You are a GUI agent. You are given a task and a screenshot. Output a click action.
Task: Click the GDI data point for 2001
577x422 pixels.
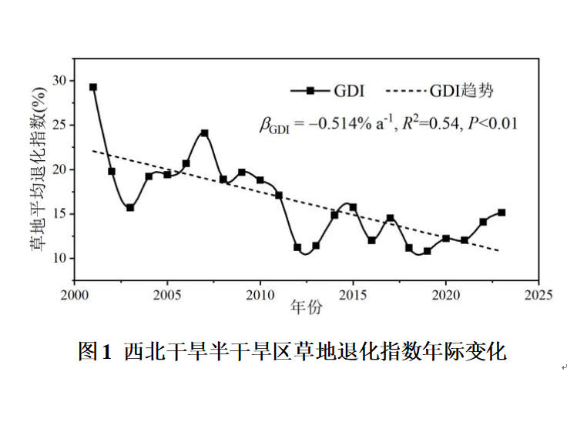click(x=93, y=87)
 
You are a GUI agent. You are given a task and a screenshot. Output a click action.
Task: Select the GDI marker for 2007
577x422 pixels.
click(x=205, y=133)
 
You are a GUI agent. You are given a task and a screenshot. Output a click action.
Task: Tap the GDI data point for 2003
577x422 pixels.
click(x=130, y=208)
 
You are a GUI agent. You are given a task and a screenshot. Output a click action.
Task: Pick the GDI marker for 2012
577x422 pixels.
click(x=297, y=247)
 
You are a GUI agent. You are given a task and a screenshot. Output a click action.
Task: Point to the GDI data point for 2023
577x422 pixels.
click(x=502, y=212)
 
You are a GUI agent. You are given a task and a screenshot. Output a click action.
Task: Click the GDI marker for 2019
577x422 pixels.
click(x=428, y=251)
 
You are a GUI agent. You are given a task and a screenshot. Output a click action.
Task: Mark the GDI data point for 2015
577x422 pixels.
click(x=353, y=207)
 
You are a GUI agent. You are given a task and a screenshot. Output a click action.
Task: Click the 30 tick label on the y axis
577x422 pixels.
click(x=60, y=81)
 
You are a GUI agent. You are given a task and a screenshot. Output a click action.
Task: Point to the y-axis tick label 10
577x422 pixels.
click(x=60, y=258)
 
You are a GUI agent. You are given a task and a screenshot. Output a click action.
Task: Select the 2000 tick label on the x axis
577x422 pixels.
click(x=75, y=295)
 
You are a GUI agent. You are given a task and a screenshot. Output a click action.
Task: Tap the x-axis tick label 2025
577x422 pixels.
click(x=538, y=295)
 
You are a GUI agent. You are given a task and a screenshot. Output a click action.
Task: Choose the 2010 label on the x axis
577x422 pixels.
click(x=260, y=295)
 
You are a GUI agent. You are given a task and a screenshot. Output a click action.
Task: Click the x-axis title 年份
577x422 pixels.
click(x=306, y=309)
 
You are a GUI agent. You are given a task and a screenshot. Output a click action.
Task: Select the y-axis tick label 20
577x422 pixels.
click(x=60, y=169)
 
